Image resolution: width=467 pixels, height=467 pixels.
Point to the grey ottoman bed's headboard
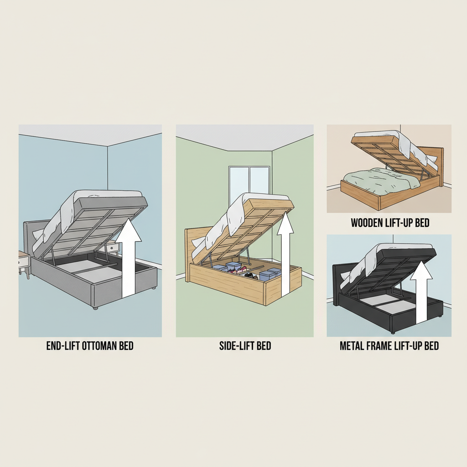pyautogui.click(x=31, y=237)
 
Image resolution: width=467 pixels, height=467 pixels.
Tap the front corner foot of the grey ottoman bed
pyautogui.click(x=95, y=308)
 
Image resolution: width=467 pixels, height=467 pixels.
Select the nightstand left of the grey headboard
pyautogui.click(x=23, y=262)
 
